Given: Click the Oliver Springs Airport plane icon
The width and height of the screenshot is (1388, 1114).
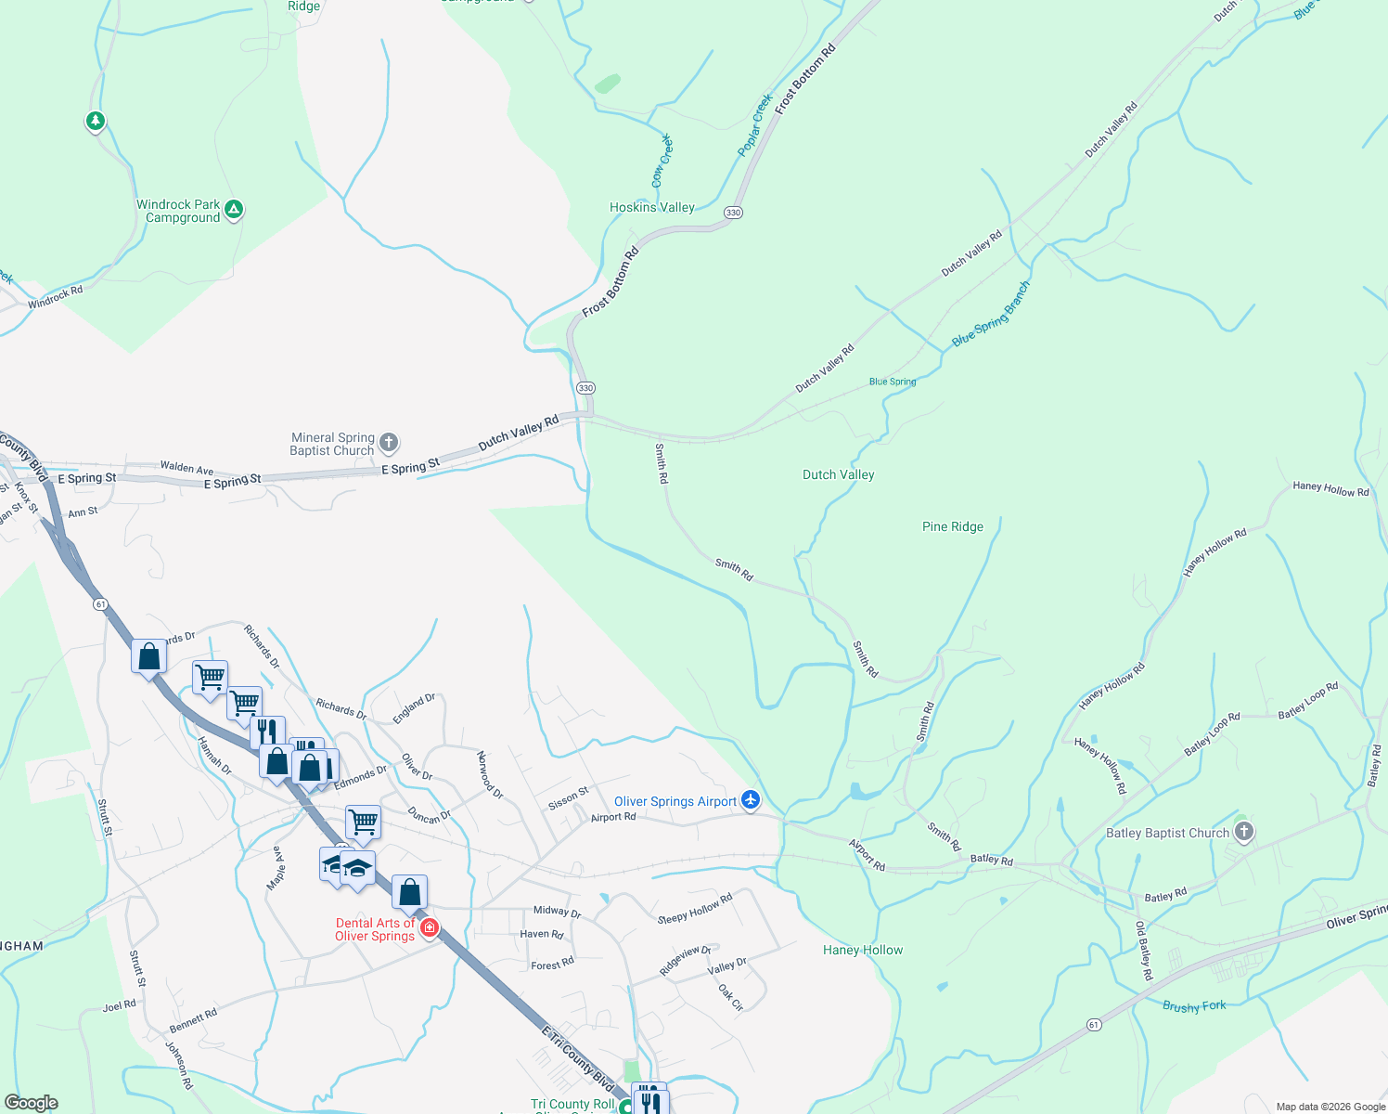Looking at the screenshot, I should tap(751, 800).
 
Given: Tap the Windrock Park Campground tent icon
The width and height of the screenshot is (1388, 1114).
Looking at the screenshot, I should tap(235, 210).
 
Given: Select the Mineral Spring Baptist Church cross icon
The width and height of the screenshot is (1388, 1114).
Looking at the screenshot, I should tap(389, 443).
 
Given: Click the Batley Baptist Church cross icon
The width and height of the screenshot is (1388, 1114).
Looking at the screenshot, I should tap(1244, 832).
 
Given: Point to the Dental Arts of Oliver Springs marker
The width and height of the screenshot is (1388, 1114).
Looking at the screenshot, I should tap(429, 927).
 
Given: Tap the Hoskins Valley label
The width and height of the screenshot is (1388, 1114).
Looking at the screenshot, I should tap(651, 208).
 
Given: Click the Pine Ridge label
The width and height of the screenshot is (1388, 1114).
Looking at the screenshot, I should tap(952, 526).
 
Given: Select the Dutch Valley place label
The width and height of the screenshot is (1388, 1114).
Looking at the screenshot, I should tap(838, 474).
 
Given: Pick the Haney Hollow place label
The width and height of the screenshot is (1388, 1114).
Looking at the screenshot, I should tap(862, 950).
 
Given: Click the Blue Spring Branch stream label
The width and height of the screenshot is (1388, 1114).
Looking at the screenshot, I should tap(991, 315).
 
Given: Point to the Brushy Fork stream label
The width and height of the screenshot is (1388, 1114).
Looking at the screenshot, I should tap(1194, 1006).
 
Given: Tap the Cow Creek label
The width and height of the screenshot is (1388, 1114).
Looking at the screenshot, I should tap(662, 161).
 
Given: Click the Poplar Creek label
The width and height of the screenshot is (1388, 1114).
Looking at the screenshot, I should tap(755, 124).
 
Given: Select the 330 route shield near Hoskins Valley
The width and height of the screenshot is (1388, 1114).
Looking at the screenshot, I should tap(733, 213).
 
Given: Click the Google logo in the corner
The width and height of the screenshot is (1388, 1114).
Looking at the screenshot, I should tap(32, 1103).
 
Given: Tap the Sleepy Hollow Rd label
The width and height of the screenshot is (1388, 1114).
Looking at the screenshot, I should tap(695, 909).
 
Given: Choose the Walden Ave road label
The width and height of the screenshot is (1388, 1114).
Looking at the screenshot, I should tap(186, 469).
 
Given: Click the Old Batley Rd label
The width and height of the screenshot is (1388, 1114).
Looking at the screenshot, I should tap(1143, 951).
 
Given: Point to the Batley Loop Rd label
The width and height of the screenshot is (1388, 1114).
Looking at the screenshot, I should tap(1212, 733).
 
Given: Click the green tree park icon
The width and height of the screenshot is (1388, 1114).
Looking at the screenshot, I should tap(95, 121).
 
